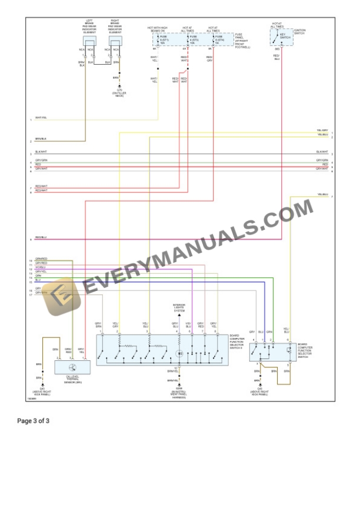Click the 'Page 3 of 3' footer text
[33, 421]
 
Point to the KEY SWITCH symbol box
[281, 37]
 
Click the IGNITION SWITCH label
[299, 31]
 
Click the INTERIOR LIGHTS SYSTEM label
[179, 307]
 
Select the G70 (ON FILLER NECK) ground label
[119, 92]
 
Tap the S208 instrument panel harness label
[179, 394]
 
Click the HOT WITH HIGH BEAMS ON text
[157, 29]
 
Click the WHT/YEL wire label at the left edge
[41, 118]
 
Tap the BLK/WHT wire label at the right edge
[322, 152]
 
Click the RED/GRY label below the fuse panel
[209, 58]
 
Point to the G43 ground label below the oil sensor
[42, 390]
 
